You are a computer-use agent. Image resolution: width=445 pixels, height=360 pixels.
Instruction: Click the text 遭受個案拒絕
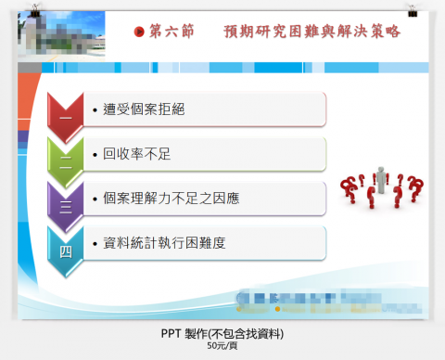coord(144,109)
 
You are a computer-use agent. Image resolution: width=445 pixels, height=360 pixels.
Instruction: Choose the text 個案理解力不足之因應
coord(172,199)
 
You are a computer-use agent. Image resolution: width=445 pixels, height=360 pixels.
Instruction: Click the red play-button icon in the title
coord(140,32)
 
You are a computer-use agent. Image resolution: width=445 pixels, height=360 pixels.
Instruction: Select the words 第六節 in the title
coord(172,32)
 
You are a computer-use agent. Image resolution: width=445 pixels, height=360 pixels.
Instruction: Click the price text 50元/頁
coord(222,347)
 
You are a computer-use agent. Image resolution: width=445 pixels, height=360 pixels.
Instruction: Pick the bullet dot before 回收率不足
coord(95,154)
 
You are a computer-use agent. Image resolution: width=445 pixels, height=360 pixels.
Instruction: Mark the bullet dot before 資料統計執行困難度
coord(95,243)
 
